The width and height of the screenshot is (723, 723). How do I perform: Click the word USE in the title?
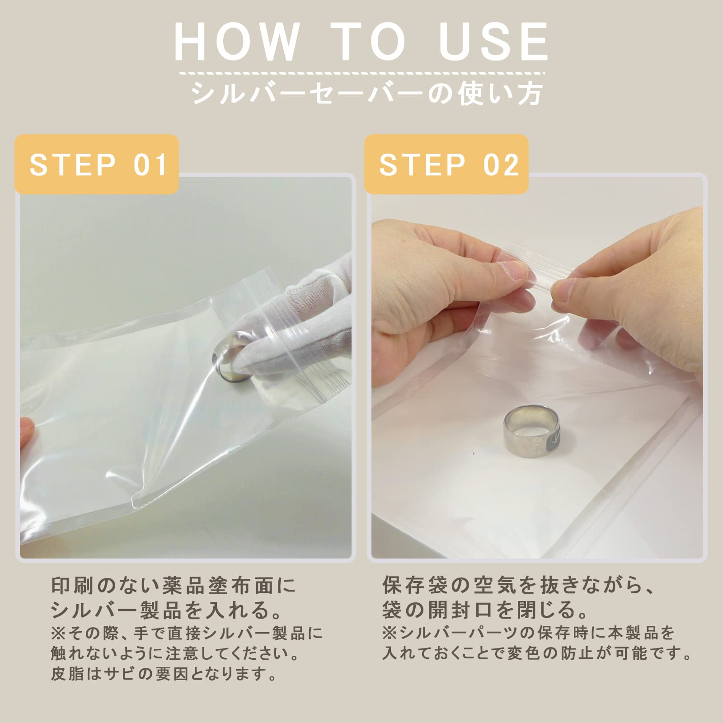coord(493,41)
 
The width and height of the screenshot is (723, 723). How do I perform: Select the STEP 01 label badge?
coord(97,164)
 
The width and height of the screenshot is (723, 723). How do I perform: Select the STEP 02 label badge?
coord(446,164)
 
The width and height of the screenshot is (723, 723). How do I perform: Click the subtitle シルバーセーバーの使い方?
coord(366,93)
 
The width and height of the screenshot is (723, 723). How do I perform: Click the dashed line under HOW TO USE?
coord(362,73)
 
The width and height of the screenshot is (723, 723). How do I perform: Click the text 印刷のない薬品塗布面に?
coord(174,586)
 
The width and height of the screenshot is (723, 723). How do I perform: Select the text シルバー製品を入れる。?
coord(167,610)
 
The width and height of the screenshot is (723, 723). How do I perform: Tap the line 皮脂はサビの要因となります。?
coord(164,675)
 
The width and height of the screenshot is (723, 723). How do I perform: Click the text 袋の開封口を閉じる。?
coord(486,610)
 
